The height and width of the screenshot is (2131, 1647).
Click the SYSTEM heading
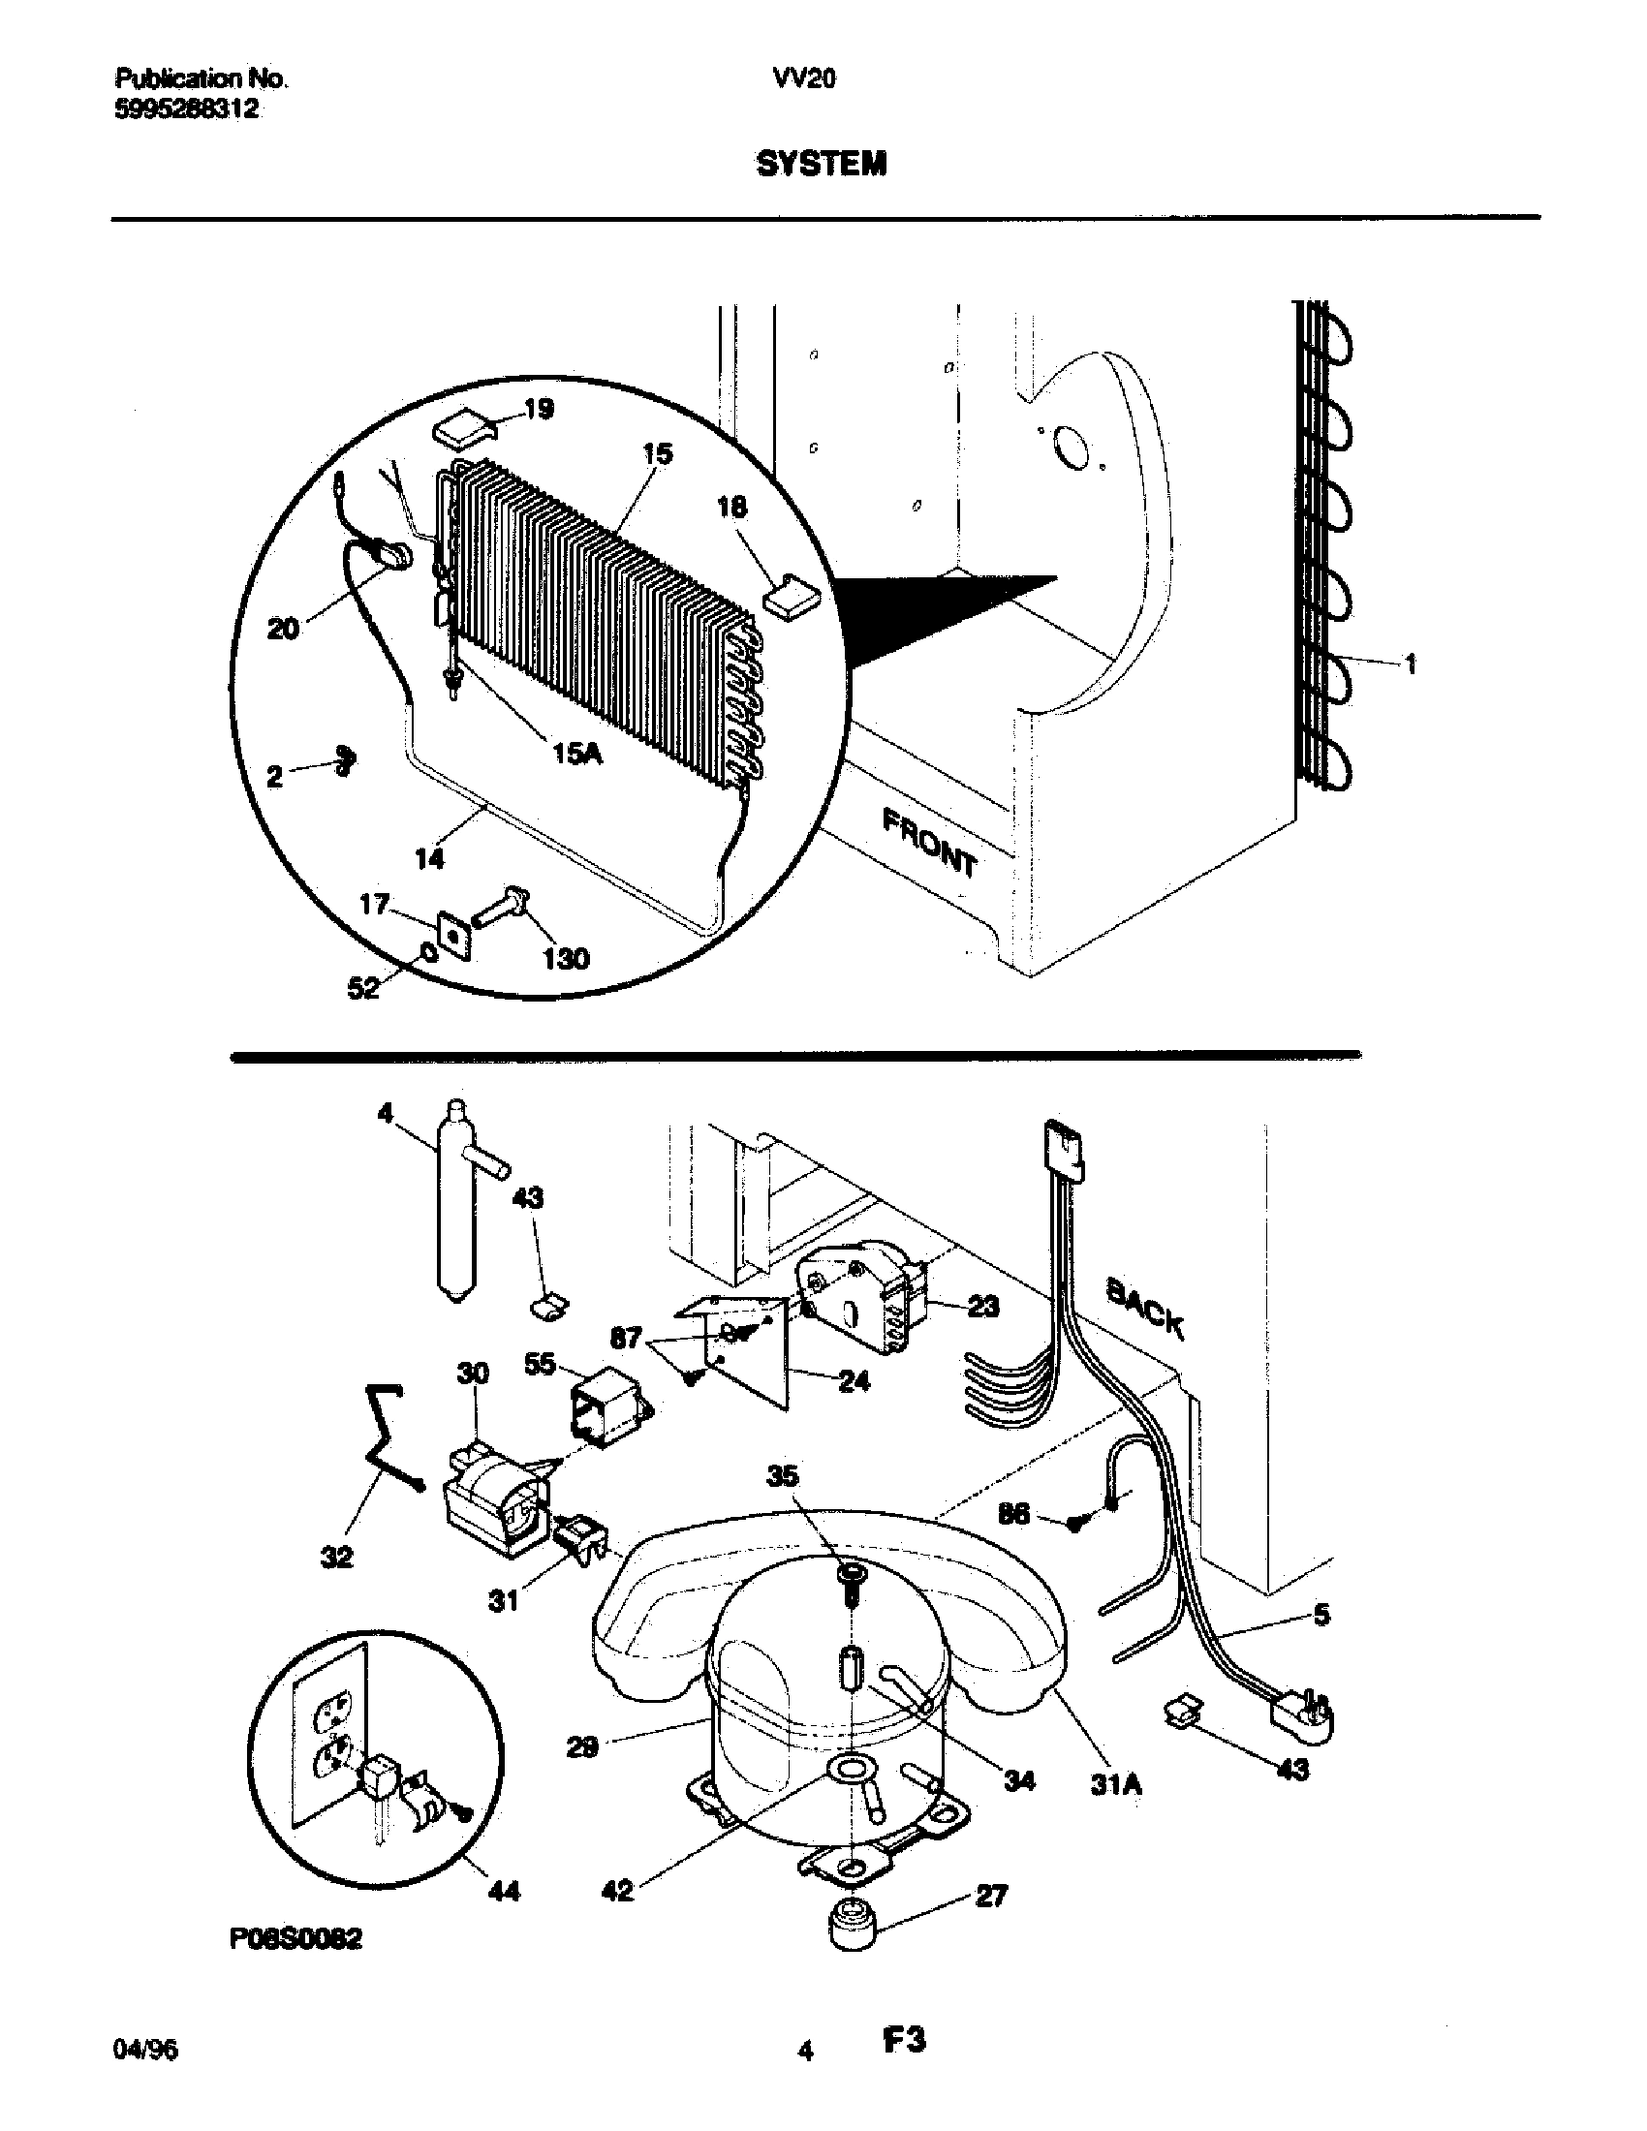pyautogui.click(x=822, y=164)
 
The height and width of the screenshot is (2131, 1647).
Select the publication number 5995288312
pyautogui.click(x=186, y=109)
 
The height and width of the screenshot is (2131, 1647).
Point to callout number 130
pyautogui.click(x=567, y=958)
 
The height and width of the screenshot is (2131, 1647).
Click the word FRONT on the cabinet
pyautogui.click(x=929, y=842)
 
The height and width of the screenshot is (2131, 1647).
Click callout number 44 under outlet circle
pyautogui.click(x=504, y=1892)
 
